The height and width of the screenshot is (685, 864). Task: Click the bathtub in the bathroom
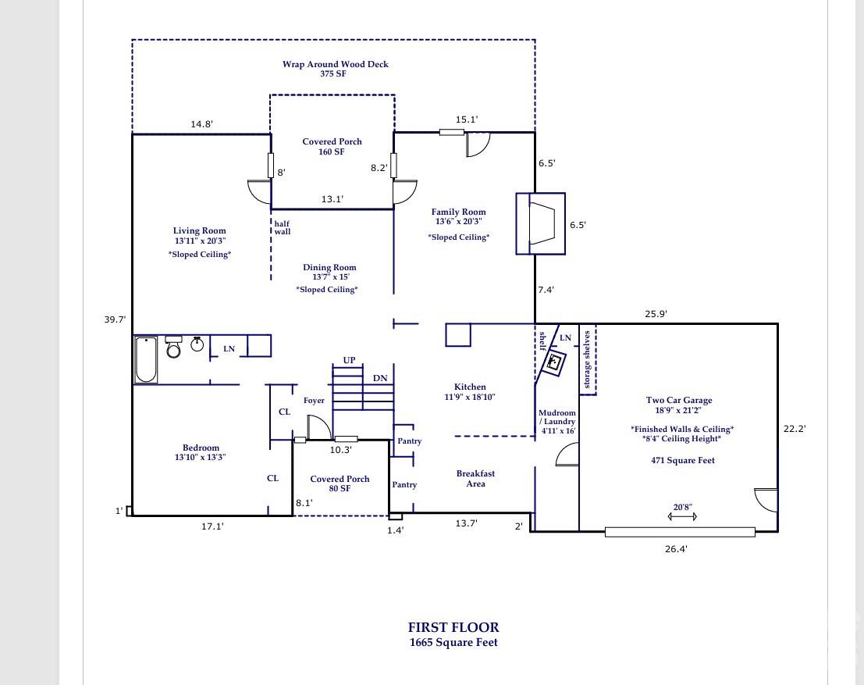(x=146, y=359)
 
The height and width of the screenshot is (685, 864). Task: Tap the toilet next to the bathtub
(x=173, y=348)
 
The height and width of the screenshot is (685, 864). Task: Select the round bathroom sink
(x=197, y=344)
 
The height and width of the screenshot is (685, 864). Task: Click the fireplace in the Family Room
(x=539, y=223)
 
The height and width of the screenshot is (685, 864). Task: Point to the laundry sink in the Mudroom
(x=555, y=362)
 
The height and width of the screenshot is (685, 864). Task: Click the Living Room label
(x=199, y=230)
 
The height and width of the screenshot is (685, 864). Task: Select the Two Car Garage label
(x=678, y=401)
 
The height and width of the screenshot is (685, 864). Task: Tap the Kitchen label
(x=470, y=387)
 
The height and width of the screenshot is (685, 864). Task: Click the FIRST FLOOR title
(x=453, y=627)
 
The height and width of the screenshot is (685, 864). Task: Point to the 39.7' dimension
(x=116, y=319)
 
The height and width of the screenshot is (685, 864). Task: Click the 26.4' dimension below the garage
(x=676, y=549)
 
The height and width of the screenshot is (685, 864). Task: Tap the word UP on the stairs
(x=349, y=360)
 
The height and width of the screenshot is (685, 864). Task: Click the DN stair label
(x=380, y=378)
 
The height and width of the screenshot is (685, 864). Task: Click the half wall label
(x=282, y=227)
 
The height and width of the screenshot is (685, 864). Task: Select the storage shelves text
(x=588, y=360)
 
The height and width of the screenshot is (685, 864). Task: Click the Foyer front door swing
(x=318, y=427)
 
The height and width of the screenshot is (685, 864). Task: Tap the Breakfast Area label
(x=475, y=479)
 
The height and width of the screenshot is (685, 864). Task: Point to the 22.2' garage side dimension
(x=794, y=428)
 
